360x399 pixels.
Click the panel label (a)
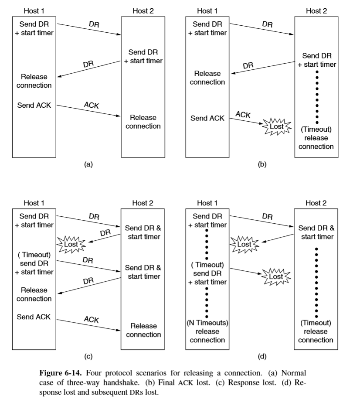tap(88, 164)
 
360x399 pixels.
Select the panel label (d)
tap(262, 357)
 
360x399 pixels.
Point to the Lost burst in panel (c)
tap(71, 244)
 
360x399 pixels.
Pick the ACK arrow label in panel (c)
tap(91, 319)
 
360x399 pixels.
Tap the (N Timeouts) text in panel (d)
tap(207, 323)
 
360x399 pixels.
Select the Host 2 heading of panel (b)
tap(316, 11)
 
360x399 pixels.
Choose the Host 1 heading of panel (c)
tap(34, 203)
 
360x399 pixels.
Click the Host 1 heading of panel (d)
tap(207, 203)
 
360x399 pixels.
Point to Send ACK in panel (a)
tap(34, 105)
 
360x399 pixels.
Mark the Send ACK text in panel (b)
tap(207, 118)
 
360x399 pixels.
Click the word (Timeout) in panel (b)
tap(316, 129)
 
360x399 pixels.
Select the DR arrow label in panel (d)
tap(267, 216)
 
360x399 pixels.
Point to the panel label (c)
tap(88, 357)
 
